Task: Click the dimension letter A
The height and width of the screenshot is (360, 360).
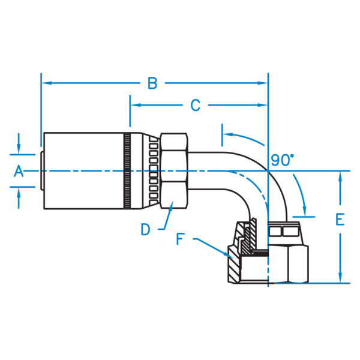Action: (19, 172)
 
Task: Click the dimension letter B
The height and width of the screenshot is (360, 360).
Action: (152, 83)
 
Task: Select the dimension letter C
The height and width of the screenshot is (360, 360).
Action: (195, 106)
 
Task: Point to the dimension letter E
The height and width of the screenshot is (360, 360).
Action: (340, 220)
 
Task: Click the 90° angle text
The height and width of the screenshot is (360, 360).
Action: (282, 160)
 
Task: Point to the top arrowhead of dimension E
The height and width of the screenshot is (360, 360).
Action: (340, 175)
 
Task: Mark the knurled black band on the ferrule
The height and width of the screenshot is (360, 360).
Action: (127, 172)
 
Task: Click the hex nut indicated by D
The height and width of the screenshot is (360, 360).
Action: (173, 172)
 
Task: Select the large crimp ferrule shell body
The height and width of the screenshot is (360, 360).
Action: (84, 172)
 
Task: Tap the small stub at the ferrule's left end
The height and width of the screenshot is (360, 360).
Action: (41, 172)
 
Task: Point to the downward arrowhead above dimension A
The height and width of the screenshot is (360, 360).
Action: (19, 149)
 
